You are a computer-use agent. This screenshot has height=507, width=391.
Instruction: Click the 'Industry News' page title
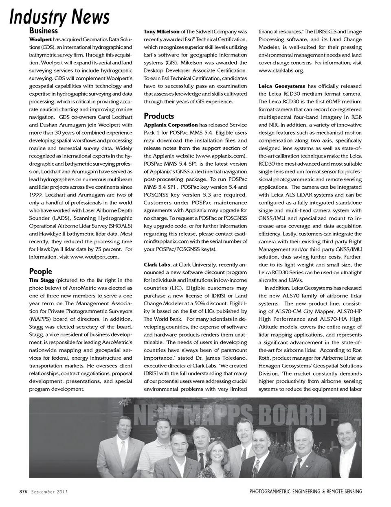click(59, 17)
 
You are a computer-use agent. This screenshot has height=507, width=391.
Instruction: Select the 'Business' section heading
click(43, 31)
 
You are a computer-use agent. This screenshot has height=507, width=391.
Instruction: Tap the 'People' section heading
click(40, 271)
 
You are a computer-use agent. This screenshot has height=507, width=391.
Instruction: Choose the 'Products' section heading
click(158, 116)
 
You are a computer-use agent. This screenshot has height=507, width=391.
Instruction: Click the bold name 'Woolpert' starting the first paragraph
click(40, 39)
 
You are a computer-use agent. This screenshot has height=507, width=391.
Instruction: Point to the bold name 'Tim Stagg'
click(41, 280)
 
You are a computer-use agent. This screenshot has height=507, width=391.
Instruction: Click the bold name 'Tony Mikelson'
click(162, 32)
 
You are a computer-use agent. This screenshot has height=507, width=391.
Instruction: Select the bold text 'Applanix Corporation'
click(171, 125)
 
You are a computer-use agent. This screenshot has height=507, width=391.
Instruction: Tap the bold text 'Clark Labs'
click(157, 265)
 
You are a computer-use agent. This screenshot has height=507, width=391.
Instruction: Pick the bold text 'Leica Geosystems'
click(281, 86)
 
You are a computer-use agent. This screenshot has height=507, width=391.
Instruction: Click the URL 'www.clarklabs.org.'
click(281, 71)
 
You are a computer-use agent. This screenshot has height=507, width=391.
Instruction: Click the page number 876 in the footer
click(23, 492)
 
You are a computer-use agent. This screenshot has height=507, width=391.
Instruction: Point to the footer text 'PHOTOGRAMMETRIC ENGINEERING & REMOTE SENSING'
click(305, 492)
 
